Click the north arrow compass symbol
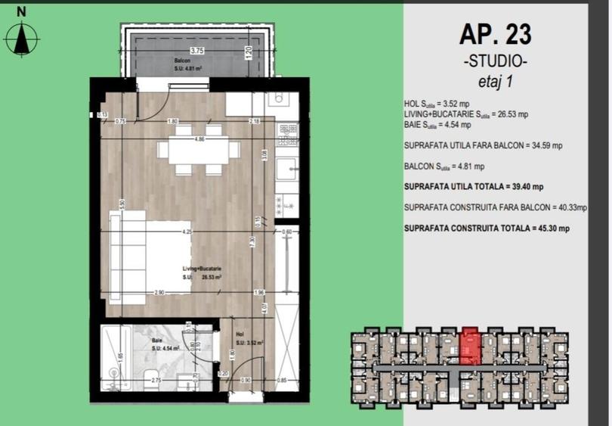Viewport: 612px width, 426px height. click(23, 38)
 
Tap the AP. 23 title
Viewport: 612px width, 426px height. click(495, 34)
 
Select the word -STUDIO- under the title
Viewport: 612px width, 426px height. click(495, 61)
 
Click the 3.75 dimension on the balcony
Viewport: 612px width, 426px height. click(197, 51)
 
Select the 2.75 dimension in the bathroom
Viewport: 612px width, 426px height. click(156, 380)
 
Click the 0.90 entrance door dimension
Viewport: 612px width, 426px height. click(245, 380)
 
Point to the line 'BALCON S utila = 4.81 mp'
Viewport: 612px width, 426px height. click(444, 166)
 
